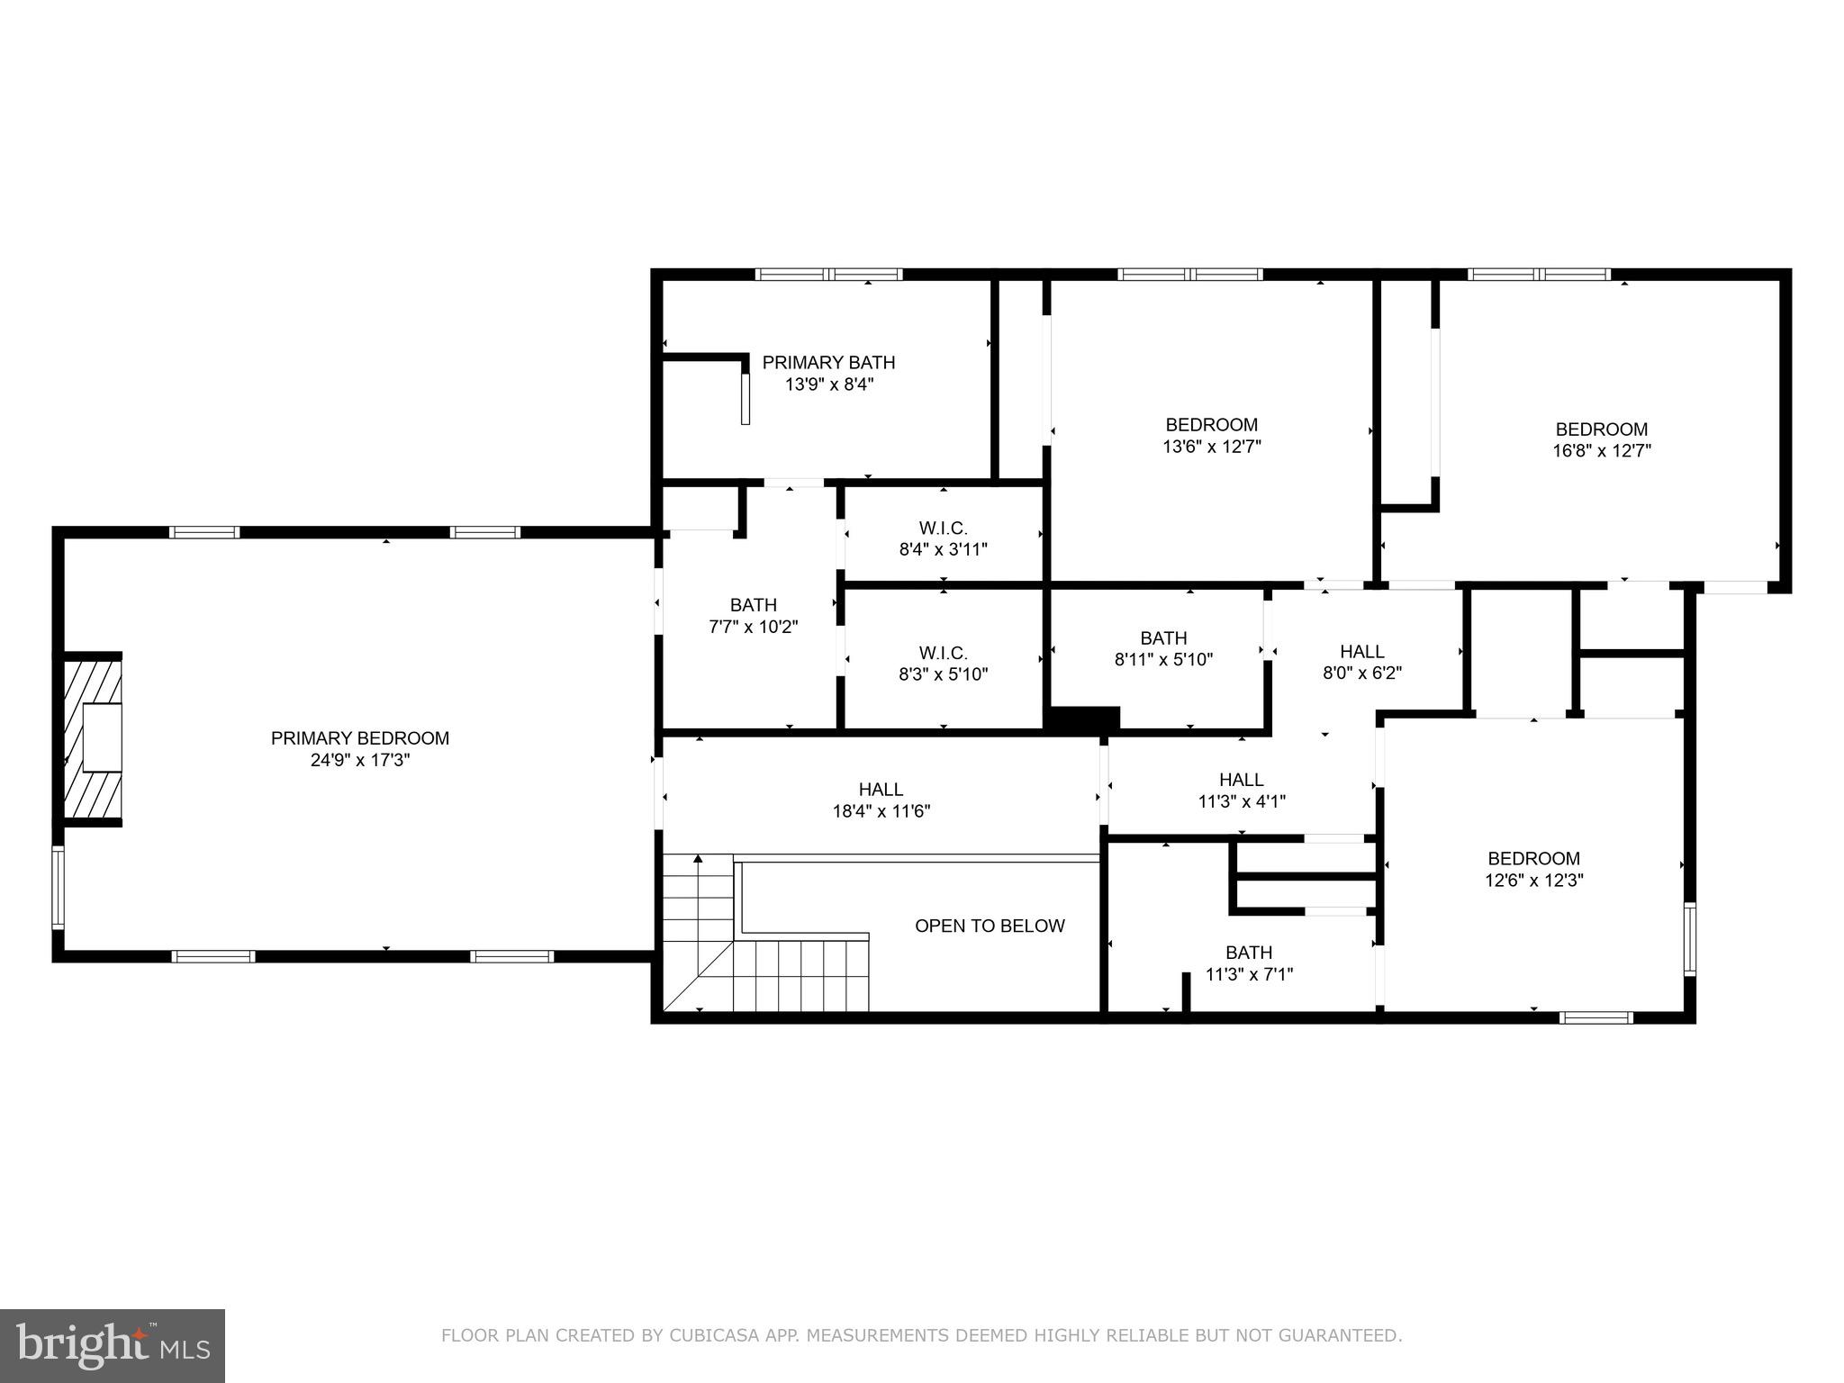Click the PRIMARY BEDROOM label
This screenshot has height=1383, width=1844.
[359, 738]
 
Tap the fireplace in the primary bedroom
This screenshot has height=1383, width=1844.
[93, 737]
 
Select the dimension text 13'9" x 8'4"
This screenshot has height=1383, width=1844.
[828, 384]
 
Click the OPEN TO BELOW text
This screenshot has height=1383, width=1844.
[989, 926]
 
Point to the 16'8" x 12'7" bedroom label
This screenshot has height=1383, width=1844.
[1601, 439]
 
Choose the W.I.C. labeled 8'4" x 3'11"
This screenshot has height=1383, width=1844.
[943, 538]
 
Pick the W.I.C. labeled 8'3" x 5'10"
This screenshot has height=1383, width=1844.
[943, 663]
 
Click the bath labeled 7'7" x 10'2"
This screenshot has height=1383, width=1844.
[753, 615]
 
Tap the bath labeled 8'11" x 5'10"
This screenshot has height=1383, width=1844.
[1162, 648]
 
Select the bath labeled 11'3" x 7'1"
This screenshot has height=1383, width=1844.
[1248, 963]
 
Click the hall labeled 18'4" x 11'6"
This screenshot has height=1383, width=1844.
[880, 800]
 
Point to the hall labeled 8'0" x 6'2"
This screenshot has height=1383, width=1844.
[1361, 661]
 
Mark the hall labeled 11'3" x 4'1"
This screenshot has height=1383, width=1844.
[1241, 790]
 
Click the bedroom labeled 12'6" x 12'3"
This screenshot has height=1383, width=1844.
[1533, 869]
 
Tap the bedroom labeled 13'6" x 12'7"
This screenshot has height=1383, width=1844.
[1211, 435]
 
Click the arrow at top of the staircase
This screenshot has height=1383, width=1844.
[697, 859]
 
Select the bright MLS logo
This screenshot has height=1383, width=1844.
[112, 1346]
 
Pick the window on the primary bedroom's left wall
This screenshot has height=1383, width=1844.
[58, 887]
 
